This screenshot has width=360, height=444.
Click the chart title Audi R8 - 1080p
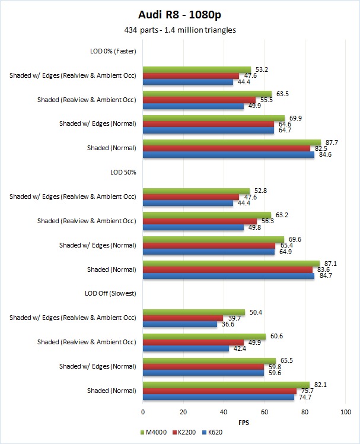179,15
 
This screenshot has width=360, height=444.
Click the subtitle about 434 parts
179,30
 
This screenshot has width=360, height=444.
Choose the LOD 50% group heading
123,172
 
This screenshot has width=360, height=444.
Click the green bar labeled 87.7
232,142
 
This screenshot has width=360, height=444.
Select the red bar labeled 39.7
183,318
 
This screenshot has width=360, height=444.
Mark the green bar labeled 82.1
226,385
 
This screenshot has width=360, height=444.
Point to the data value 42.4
237,348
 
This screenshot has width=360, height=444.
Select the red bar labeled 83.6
228,269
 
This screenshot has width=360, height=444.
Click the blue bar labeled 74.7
219,397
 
